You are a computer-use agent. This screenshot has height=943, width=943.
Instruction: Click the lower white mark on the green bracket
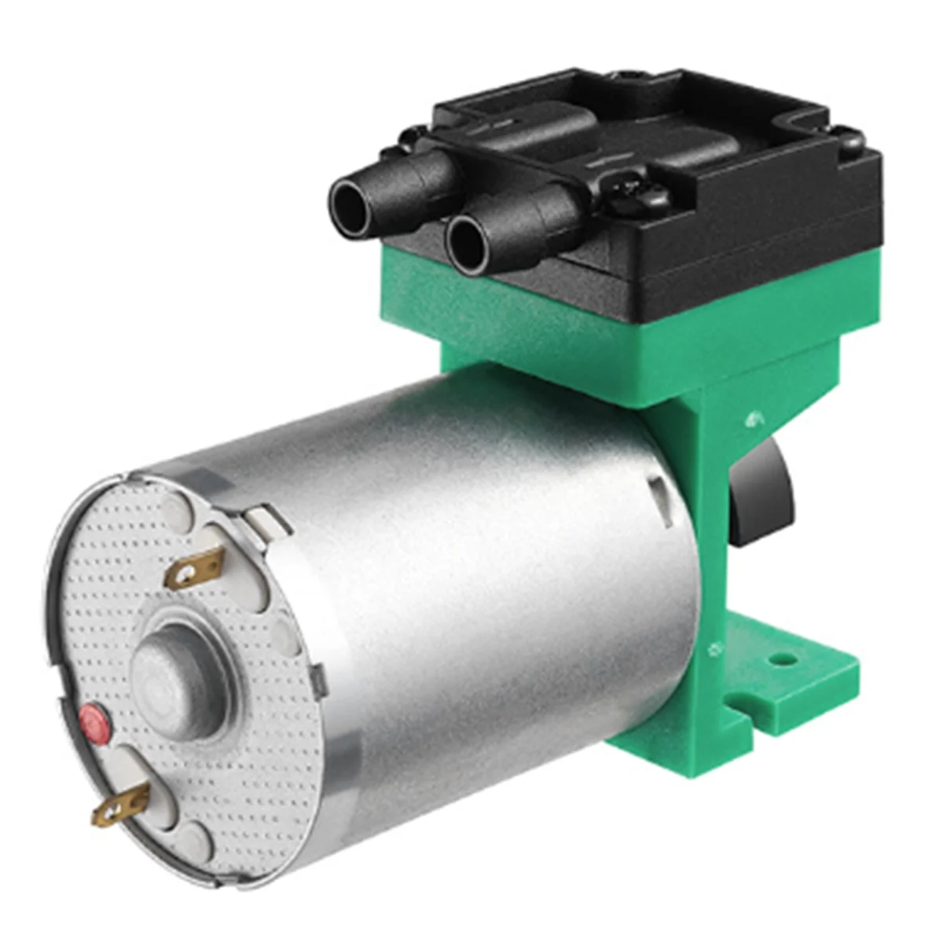pyautogui.click(x=713, y=649)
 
